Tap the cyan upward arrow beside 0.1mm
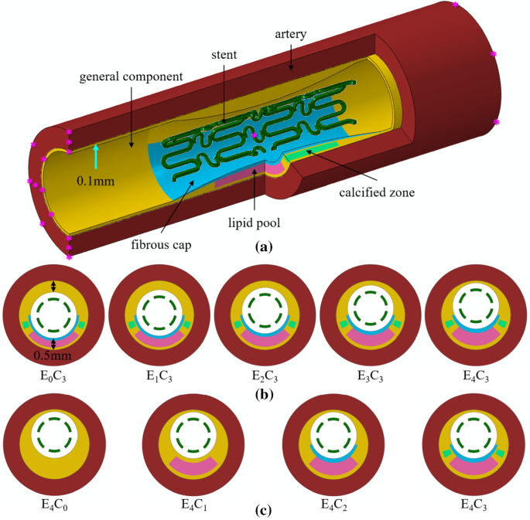95,156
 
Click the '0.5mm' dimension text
52,356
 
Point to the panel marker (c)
265,509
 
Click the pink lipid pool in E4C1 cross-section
193,467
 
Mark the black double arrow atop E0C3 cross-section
53,286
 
